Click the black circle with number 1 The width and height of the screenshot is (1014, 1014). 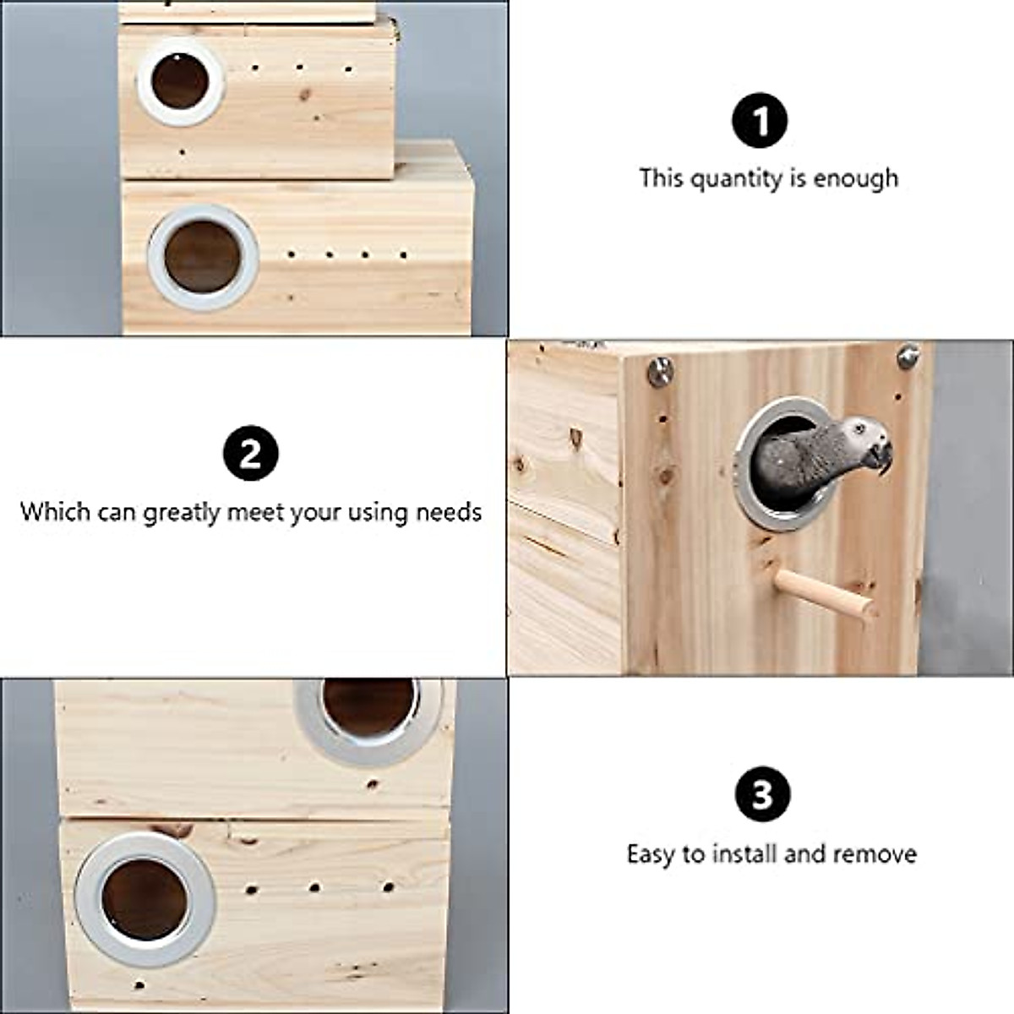coord(760,121)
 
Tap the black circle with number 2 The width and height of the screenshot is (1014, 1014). coord(251,455)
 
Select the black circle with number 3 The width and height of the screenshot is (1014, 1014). coord(761,795)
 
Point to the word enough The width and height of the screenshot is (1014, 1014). coord(856,179)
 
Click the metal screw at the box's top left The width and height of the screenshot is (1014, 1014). coord(659,370)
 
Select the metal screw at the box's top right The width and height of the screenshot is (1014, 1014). coord(908,355)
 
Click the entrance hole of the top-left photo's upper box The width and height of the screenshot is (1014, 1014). coord(180,82)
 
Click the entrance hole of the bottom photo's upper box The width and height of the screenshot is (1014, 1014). coord(368,706)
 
